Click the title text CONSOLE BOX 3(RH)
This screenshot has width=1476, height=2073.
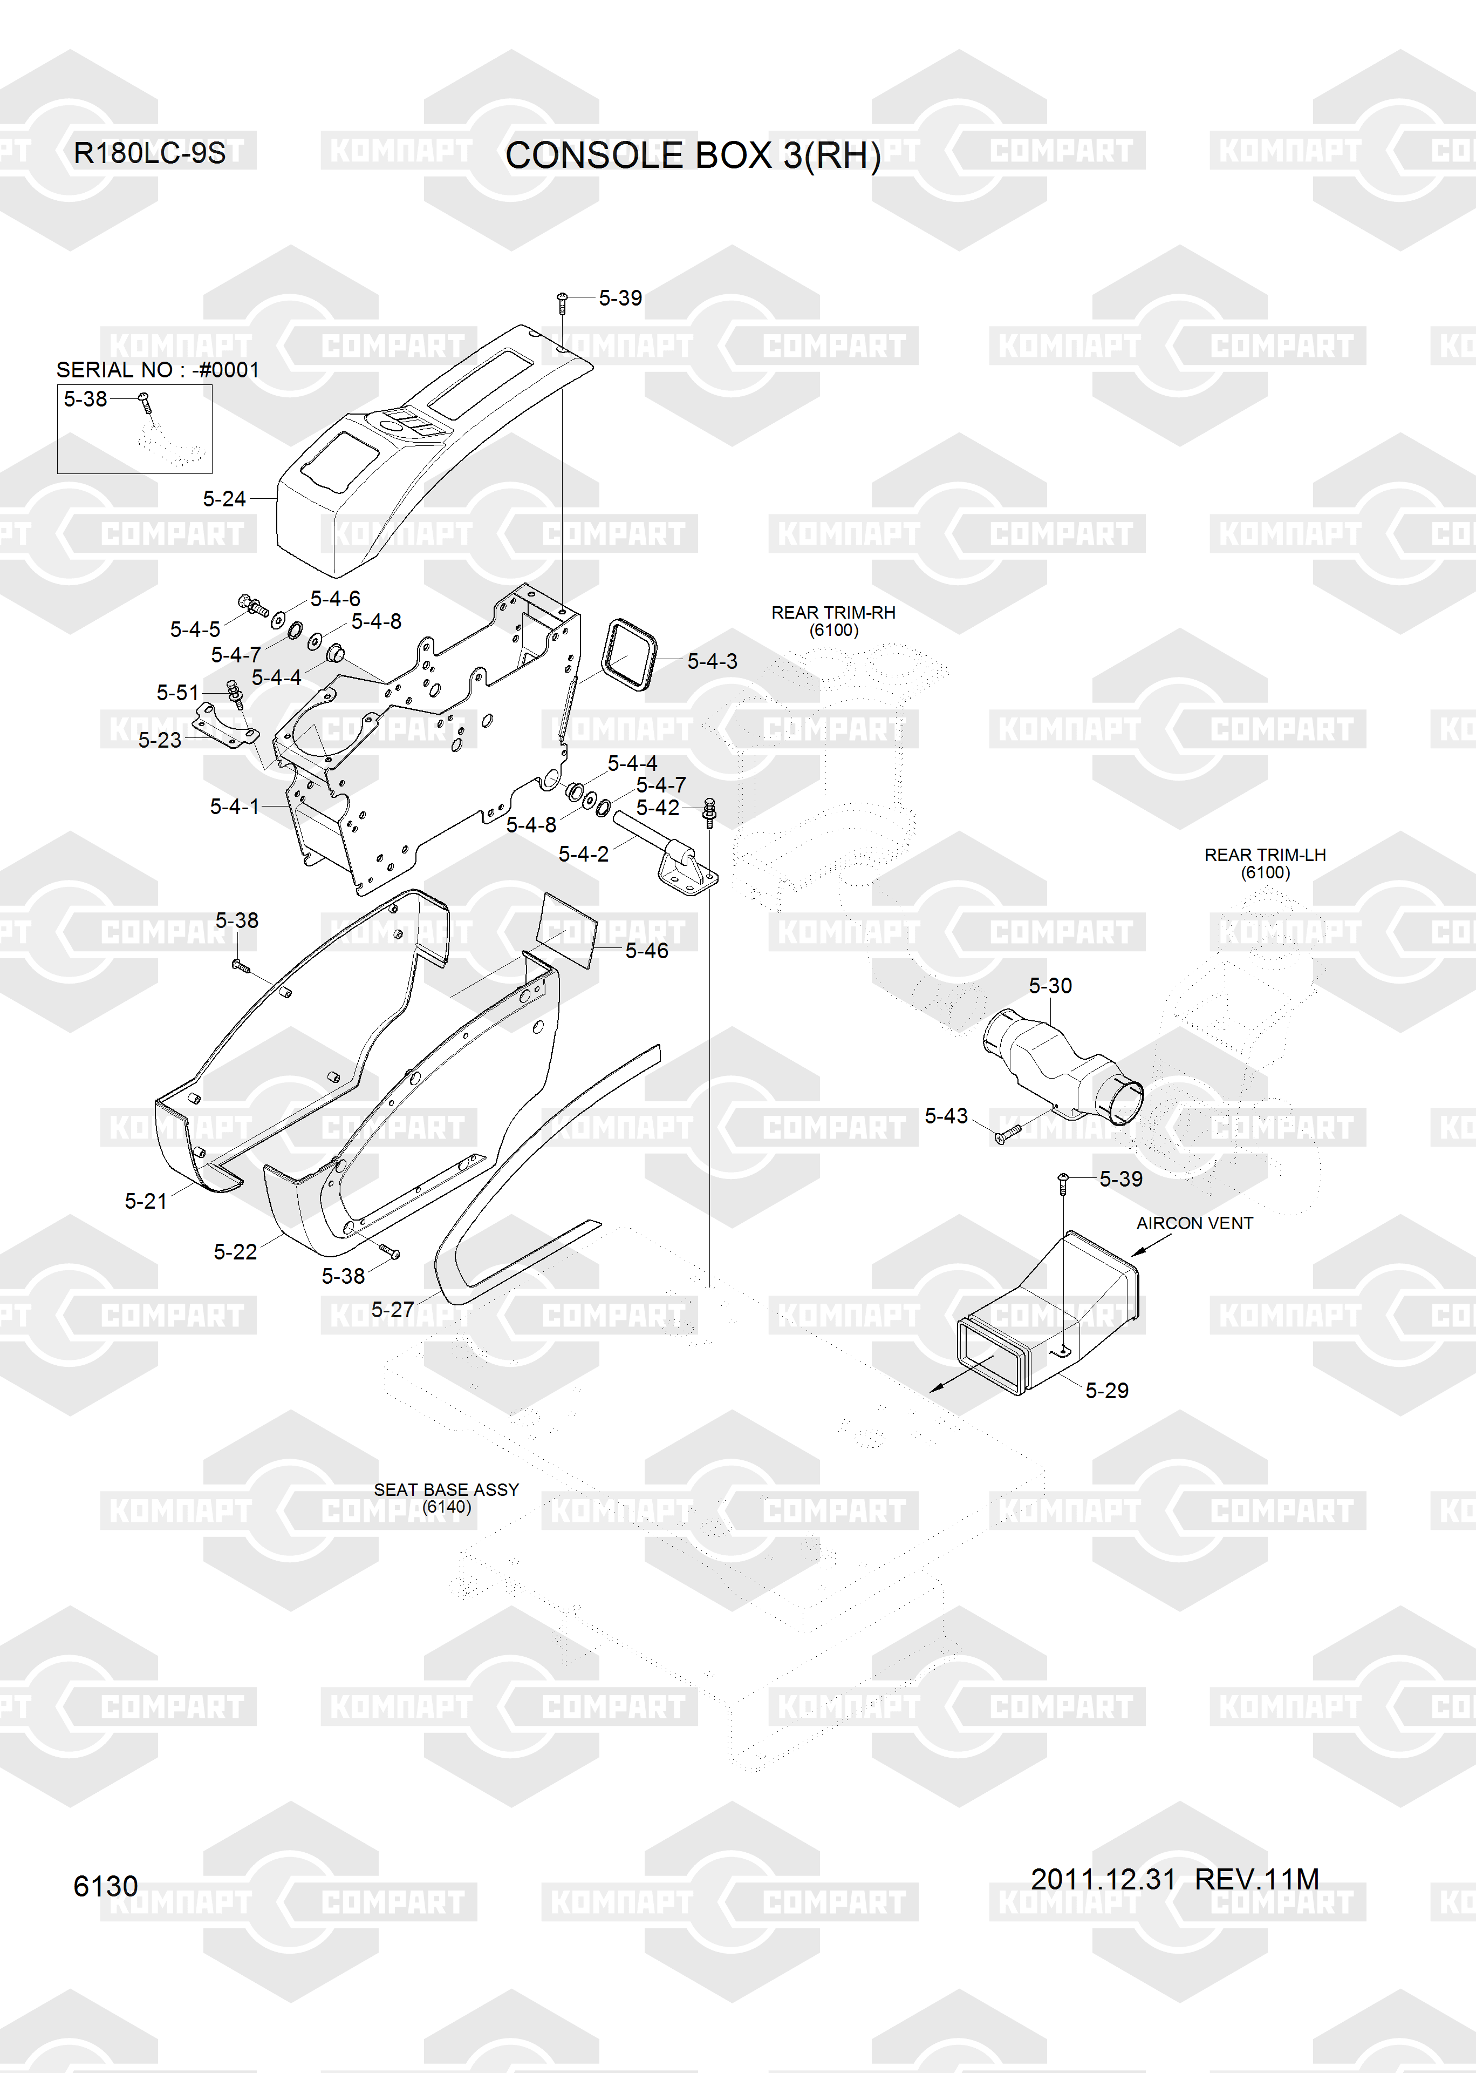point(693,155)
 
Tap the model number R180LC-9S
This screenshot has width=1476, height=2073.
point(149,153)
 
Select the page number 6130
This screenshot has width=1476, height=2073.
point(105,1887)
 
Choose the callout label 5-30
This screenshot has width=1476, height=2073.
point(1050,986)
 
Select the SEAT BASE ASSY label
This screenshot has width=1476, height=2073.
point(446,1489)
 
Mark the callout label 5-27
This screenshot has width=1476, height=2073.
point(393,1310)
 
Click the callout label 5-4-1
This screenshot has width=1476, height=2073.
point(235,807)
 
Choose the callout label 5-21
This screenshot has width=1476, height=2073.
point(146,1201)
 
